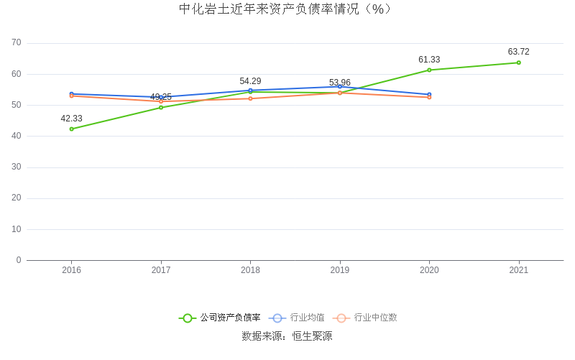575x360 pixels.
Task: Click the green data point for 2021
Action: (x=518, y=63)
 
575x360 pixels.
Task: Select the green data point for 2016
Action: (x=72, y=129)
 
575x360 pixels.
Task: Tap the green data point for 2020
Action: (x=429, y=70)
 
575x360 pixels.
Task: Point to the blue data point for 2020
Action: (x=429, y=94)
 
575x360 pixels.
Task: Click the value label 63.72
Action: (x=518, y=52)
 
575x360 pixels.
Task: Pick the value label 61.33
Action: (x=429, y=60)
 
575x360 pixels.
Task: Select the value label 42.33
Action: (x=71, y=119)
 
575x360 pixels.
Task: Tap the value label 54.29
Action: (x=250, y=81)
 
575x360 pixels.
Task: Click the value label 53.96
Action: (x=340, y=83)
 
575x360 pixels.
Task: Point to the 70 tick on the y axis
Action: (x=17, y=43)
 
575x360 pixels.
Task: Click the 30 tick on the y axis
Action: (x=17, y=167)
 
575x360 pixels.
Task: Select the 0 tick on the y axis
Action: (x=19, y=260)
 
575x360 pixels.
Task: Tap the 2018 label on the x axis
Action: (x=250, y=270)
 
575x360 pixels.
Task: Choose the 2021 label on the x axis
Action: (x=518, y=270)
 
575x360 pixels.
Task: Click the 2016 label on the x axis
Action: (x=72, y=270)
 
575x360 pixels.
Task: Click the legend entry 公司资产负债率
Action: (x=220, y=318)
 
